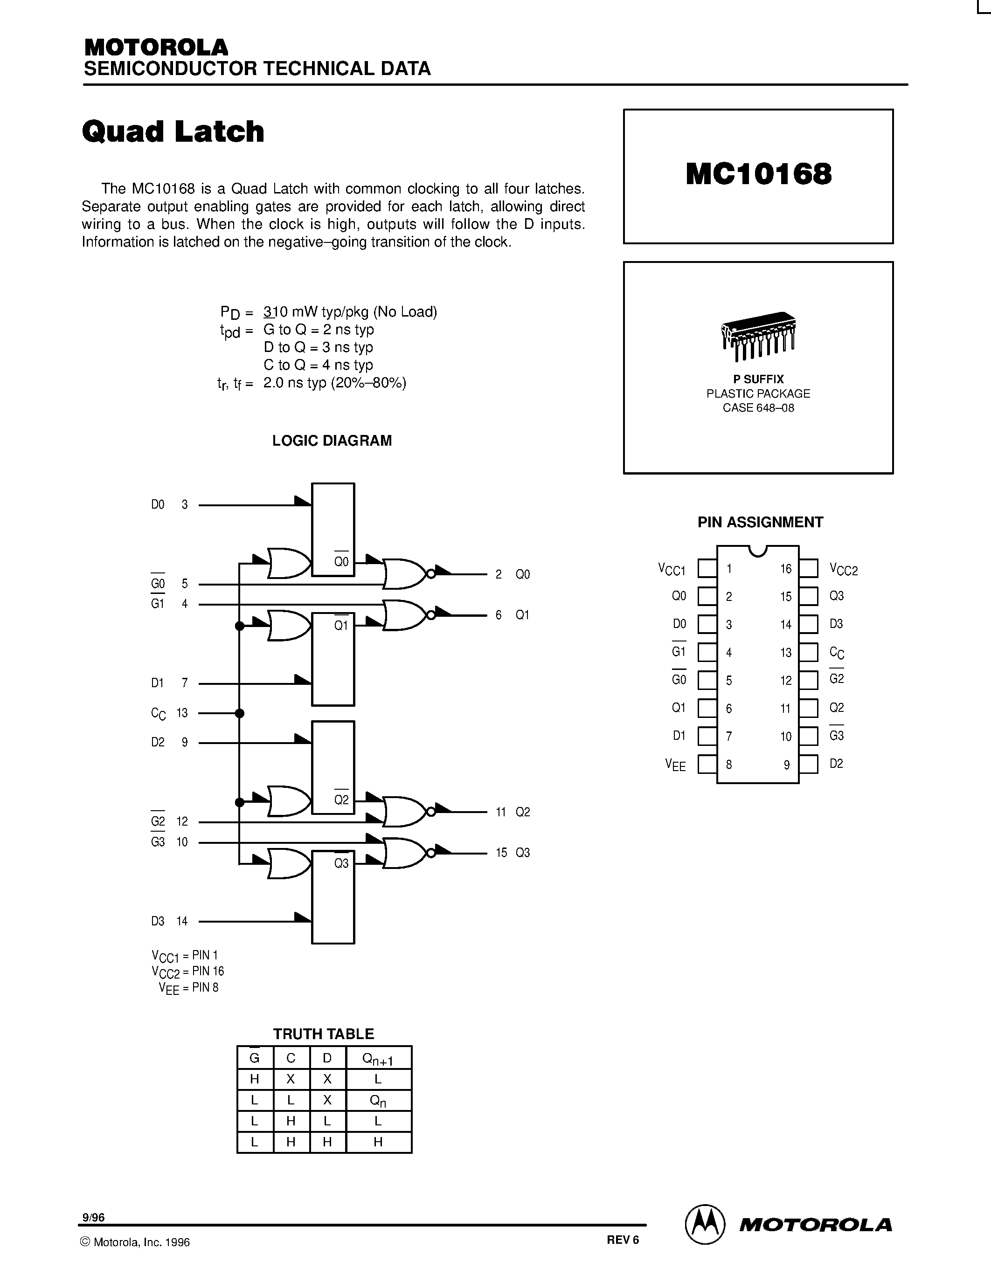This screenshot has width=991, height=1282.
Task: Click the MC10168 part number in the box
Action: point(758,174)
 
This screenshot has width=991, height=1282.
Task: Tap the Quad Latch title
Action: point(173,131)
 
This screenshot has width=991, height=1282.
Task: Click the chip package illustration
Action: point(758,335)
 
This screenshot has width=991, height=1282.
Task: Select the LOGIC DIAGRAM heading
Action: point(332,441)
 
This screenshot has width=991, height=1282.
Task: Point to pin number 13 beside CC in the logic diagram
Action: point(182,713)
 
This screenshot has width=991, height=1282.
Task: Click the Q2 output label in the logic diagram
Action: point(522,812)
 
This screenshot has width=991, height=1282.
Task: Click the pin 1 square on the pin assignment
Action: point(707,568)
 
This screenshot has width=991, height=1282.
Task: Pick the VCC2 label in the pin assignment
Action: point(844,569)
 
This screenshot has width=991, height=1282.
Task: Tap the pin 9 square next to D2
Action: point(808,764)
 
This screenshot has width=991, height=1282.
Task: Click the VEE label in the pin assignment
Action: point(675,764)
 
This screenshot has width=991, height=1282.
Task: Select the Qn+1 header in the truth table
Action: point(378,1058)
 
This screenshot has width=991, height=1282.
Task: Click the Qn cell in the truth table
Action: point(378,1101)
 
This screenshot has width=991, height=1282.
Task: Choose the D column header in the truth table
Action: point(327,1058)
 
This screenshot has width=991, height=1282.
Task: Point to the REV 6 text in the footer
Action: point(622,1240)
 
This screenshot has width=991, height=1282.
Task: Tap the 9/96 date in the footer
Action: point(93,1217)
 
